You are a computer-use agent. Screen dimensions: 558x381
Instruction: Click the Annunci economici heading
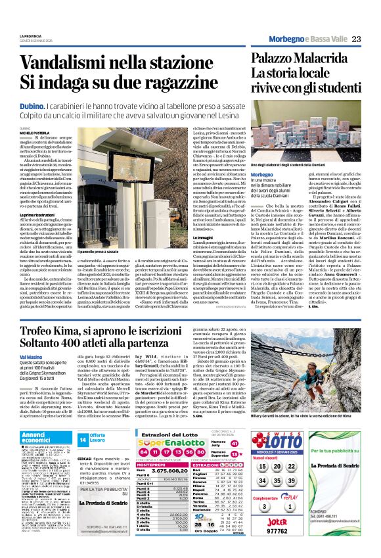39,438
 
